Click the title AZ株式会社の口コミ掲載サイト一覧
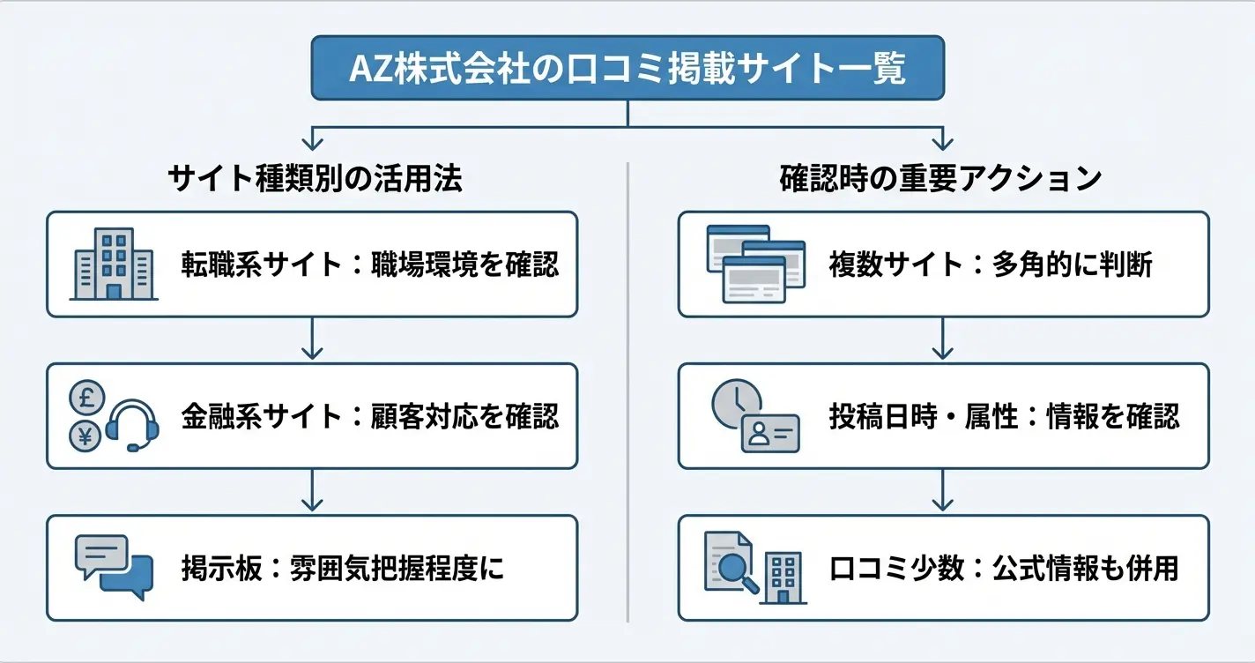point(627,68)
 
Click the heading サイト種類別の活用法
point(315,179)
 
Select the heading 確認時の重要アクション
point(940,179)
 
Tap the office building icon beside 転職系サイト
point(113,264)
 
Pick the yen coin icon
point(86,436)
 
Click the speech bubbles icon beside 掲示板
point(113,566)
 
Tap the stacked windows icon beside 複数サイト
point(755,264)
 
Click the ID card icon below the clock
point(769,433)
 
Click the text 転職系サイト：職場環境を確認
point(370,264)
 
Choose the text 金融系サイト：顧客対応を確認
point(370,416)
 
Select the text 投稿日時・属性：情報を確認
point(1004,416)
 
